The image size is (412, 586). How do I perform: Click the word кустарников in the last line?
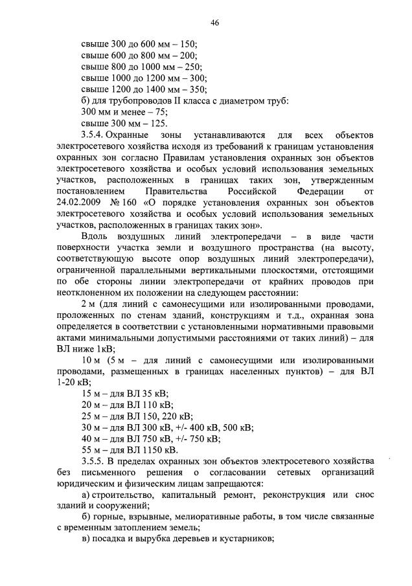tap(251, 540)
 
